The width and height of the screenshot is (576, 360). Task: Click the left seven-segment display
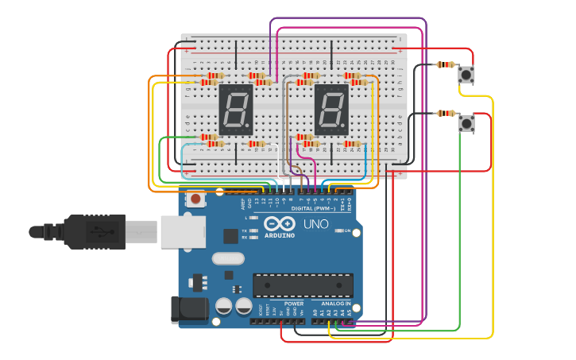coord(236,109)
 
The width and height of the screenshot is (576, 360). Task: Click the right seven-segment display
coord(331,109)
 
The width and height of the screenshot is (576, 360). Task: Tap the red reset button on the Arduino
coord(195,199)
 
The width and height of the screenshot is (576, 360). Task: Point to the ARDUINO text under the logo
coord(280,236)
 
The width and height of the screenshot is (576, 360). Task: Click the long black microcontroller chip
coord(303,285)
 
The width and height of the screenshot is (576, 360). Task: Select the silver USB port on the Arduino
coord(183,232)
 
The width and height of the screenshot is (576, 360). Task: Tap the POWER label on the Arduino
coord(293,304)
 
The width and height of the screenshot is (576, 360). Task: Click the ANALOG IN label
coord(336,304)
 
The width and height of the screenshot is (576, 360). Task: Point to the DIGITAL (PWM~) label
coord(313,208)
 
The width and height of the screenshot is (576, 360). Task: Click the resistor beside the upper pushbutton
coord(445,64)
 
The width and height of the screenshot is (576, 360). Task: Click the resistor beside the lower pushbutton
coord(445,113)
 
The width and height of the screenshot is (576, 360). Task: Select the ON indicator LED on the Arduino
coord(337,230)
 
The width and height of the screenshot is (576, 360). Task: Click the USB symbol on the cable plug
coord(99,232)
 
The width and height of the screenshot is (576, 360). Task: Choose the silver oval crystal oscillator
coord(228,258)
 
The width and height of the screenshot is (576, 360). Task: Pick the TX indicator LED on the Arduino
coord(253,230)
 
